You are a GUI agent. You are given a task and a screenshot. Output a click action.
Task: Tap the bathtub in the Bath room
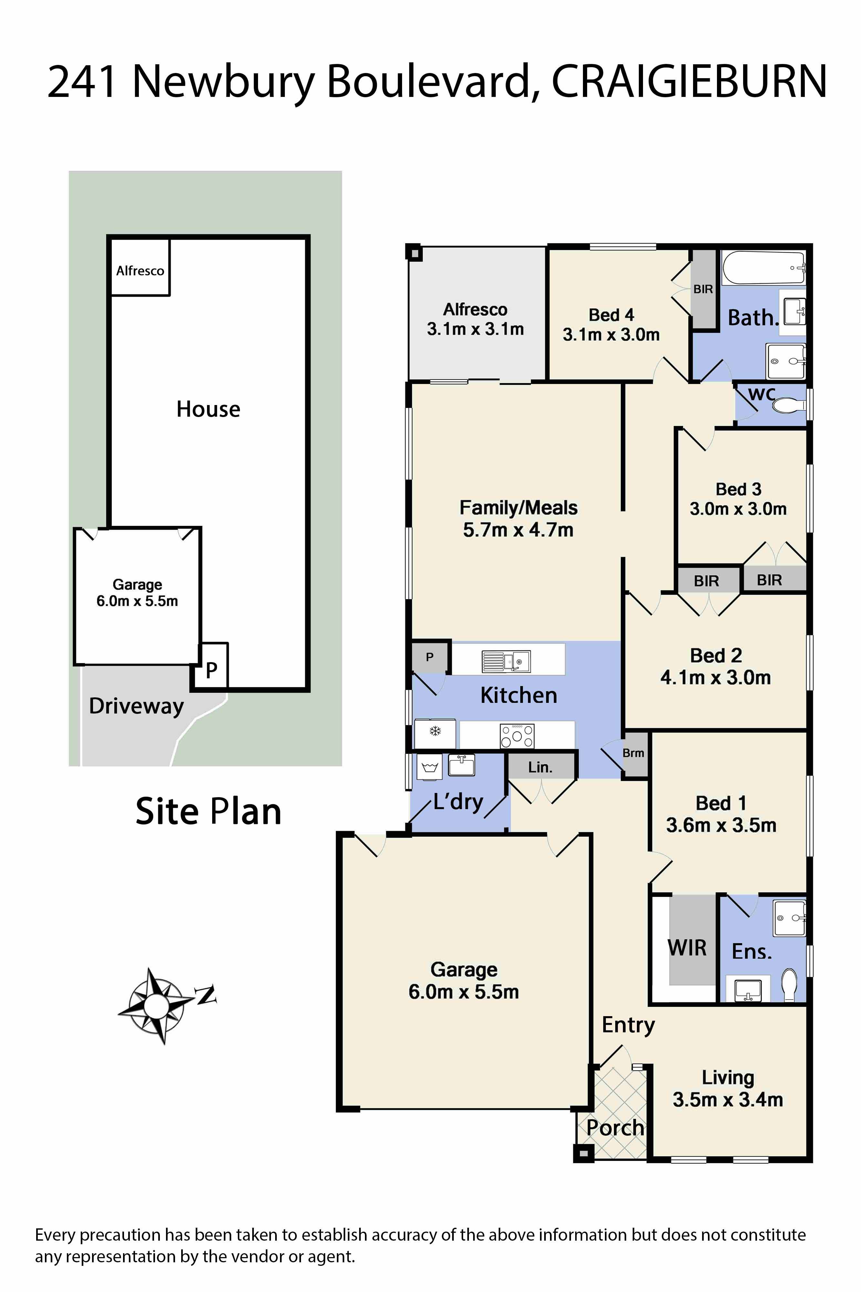pos(763,268)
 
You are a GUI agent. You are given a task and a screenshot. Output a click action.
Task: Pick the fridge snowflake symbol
pos(435,731)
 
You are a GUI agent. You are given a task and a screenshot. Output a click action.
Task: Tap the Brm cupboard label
pos(633,753)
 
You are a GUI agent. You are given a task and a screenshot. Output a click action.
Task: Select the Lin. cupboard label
pos(540,767)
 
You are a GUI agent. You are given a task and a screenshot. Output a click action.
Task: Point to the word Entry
pos(628,1025)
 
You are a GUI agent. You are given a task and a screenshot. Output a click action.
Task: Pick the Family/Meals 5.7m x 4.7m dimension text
pos(518,530)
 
